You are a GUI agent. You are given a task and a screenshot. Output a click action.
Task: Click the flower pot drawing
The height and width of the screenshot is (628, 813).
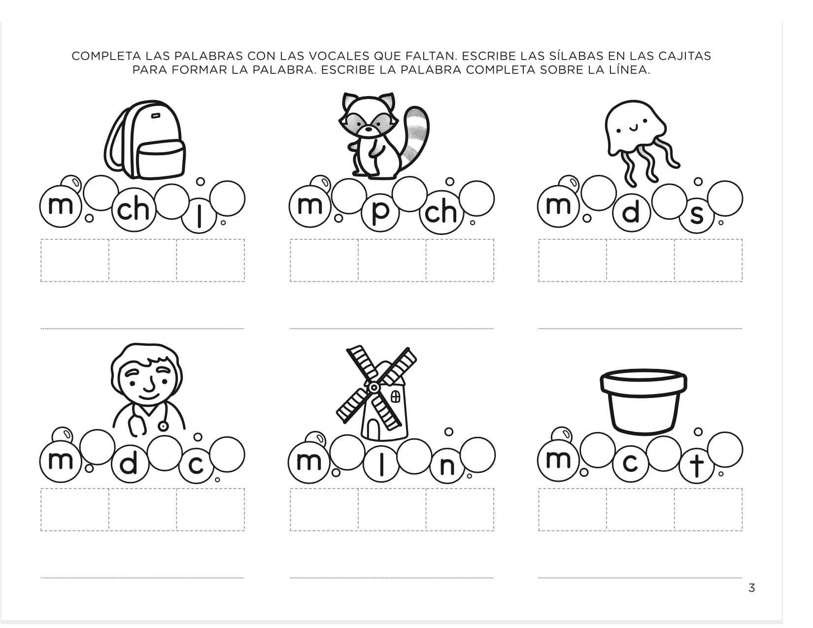(643, 401)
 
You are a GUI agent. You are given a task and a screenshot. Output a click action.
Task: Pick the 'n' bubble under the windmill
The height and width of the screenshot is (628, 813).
(446, 465)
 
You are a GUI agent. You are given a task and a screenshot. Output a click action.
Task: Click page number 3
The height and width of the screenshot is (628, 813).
(751, 588)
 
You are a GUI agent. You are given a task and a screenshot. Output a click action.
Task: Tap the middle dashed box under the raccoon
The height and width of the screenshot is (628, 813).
(392, 261)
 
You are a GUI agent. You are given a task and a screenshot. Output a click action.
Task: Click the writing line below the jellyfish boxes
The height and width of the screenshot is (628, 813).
(640, 328)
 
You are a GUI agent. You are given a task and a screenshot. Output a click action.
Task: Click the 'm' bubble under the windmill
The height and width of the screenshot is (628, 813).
(308, 462)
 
